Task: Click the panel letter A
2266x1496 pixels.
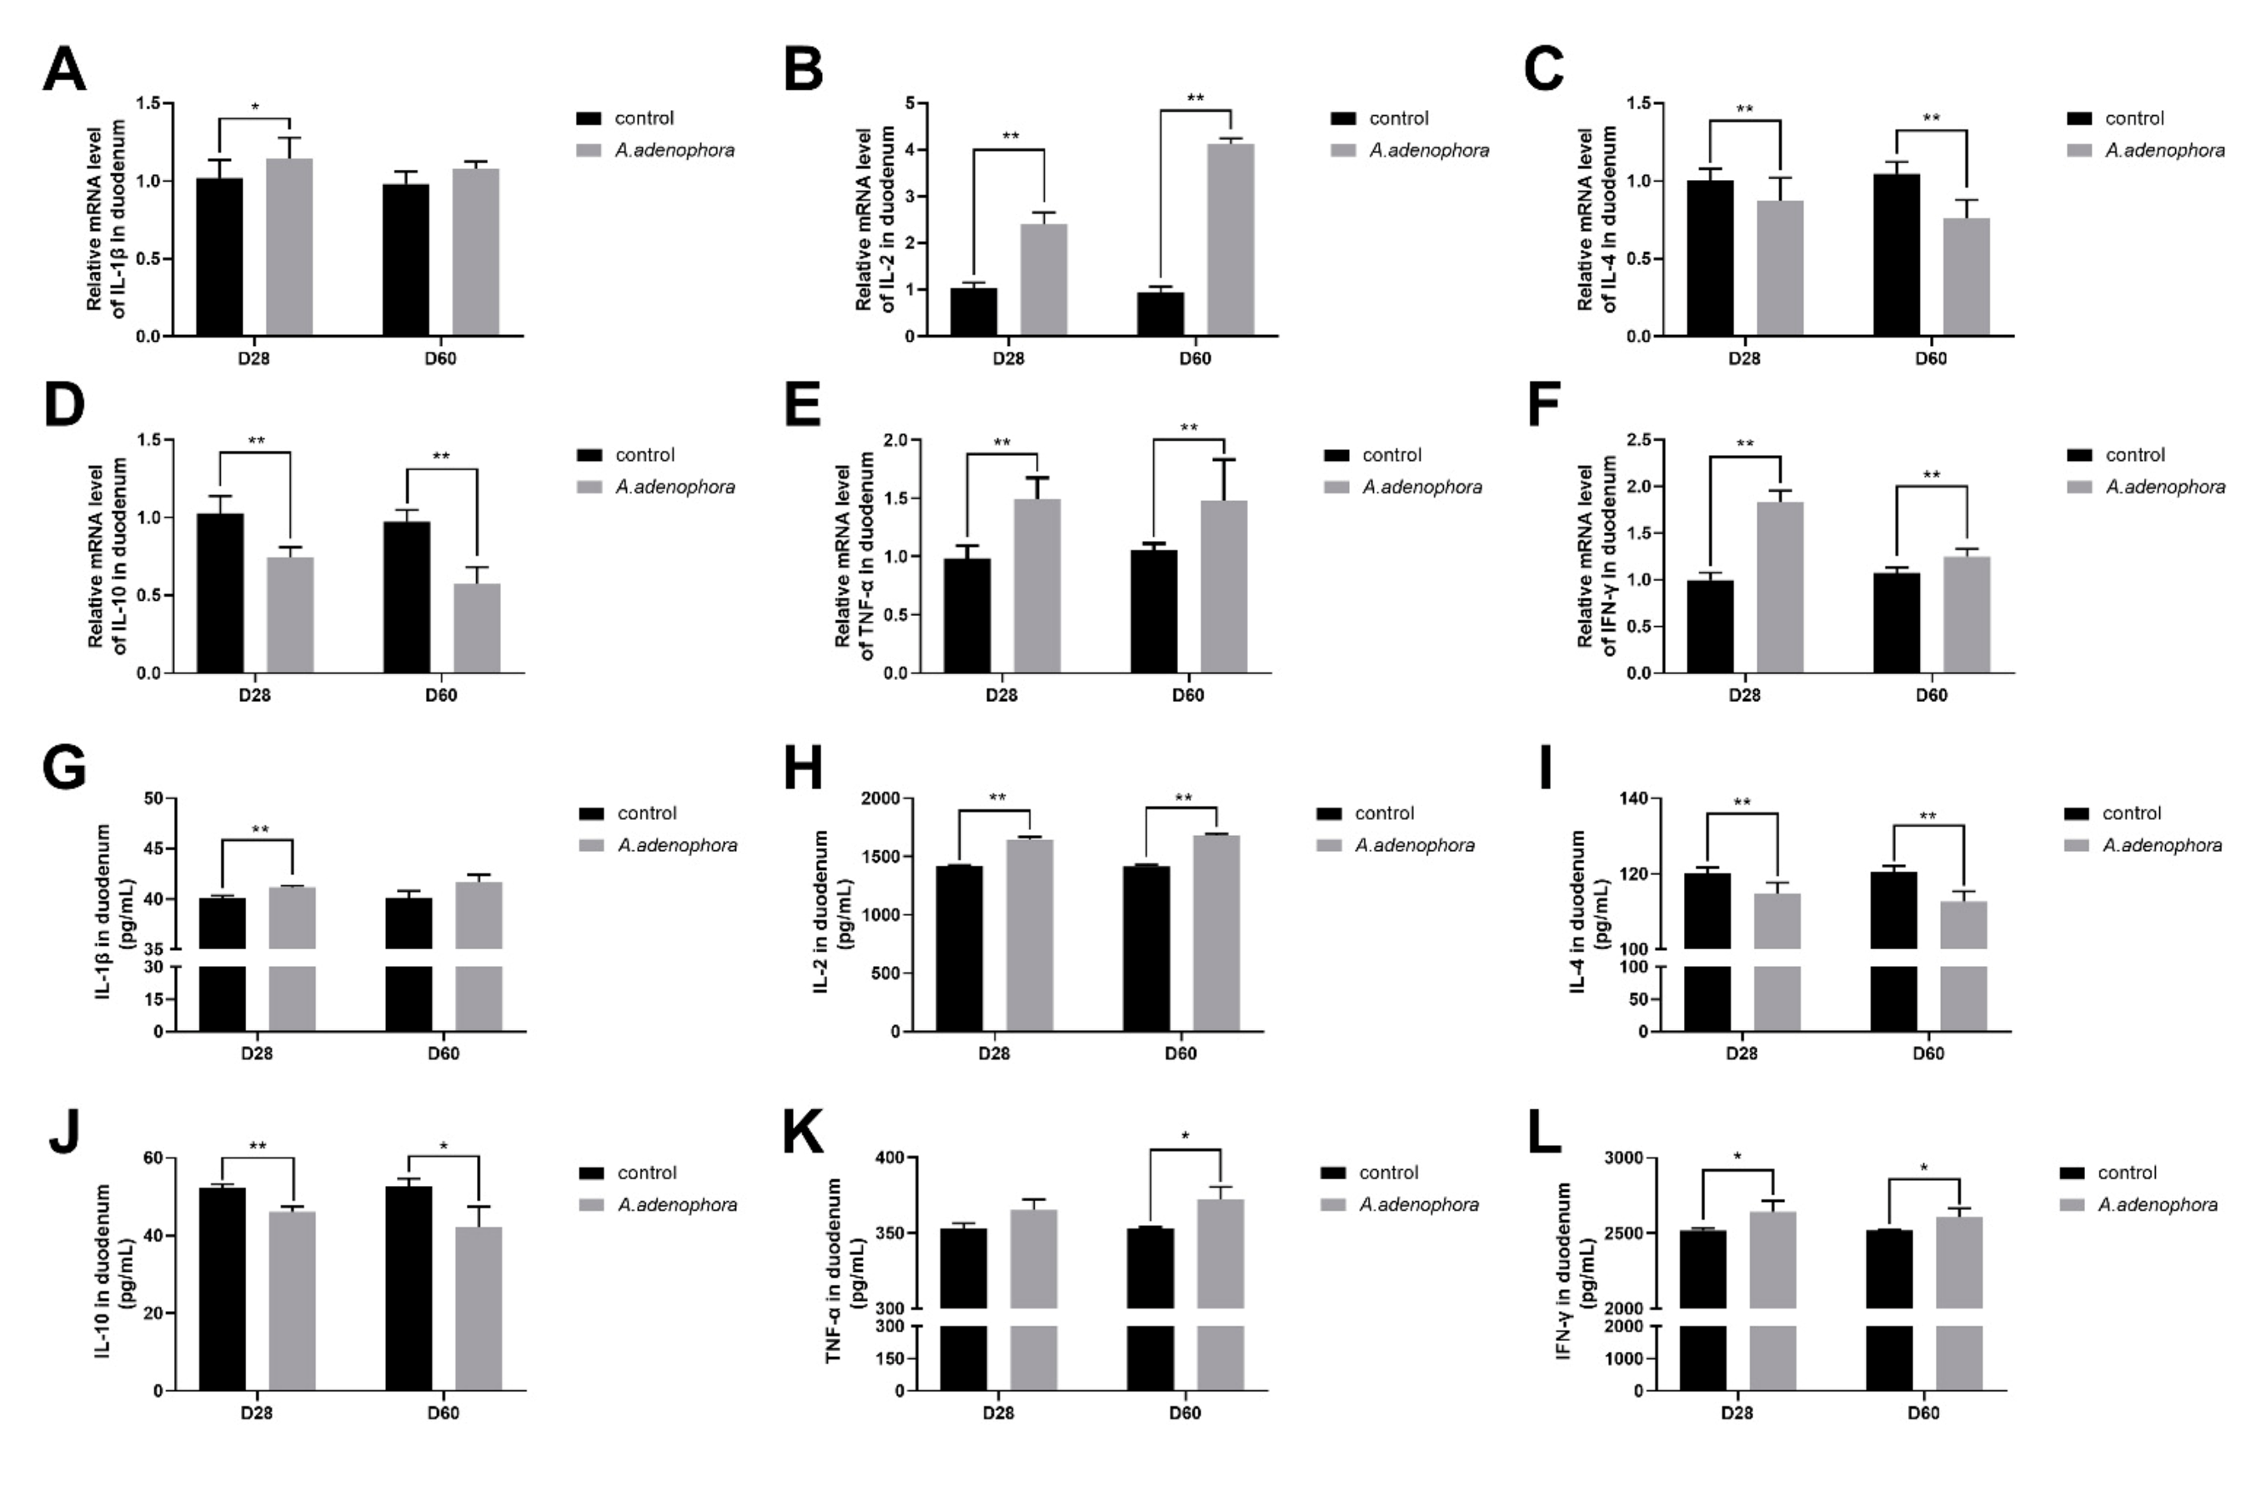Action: tap(64, 71)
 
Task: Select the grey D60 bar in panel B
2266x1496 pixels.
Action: tap(1230, 239)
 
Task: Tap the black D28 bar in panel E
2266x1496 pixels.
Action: tap(966, 615)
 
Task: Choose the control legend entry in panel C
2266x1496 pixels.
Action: tap(2133, 118)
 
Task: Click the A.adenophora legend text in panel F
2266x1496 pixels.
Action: tap(2165, 487)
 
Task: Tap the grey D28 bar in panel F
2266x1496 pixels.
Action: tap(1779, 587)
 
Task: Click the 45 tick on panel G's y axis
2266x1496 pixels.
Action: tap(153, 849)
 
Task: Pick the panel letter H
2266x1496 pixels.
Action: tap(802, 768)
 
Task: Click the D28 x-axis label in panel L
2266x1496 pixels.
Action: tap(1737, 1413)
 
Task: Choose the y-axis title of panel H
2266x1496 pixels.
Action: tap(831, 911)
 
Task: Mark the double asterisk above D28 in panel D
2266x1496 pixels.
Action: tap(256, 441)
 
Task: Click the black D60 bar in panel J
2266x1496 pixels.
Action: tap(409, 1288)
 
